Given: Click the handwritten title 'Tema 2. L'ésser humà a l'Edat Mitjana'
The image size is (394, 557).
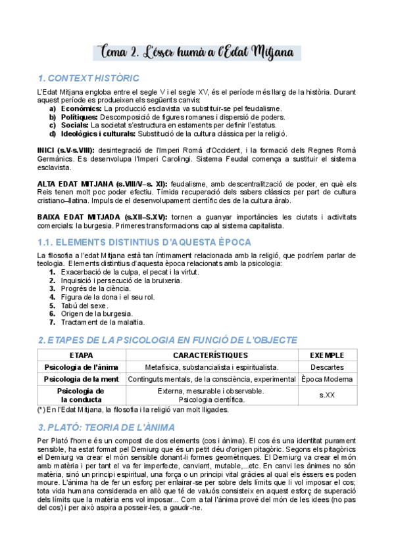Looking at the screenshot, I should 197,53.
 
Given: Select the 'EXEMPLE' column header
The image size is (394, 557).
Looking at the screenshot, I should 326,355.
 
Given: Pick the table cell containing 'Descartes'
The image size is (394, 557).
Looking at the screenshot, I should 326,367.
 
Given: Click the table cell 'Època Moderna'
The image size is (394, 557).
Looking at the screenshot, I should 326,380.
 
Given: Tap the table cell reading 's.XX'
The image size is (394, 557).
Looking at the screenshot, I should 326,395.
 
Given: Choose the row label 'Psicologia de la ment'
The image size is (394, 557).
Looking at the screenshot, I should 82,380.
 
